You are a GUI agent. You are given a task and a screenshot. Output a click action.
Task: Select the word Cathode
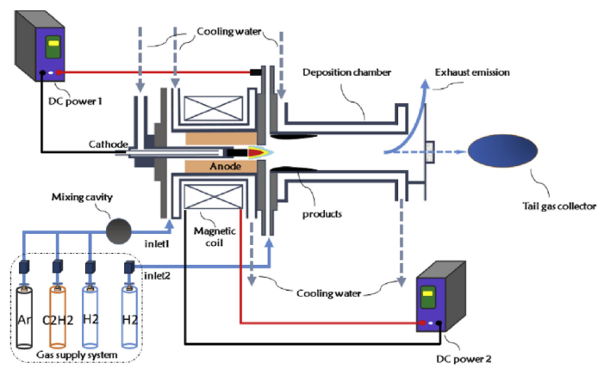tap(108, 144)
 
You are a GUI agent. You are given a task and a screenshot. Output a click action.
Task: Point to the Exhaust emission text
tap(473, 72)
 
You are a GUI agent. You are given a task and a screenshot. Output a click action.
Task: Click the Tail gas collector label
tap(557, 206)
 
